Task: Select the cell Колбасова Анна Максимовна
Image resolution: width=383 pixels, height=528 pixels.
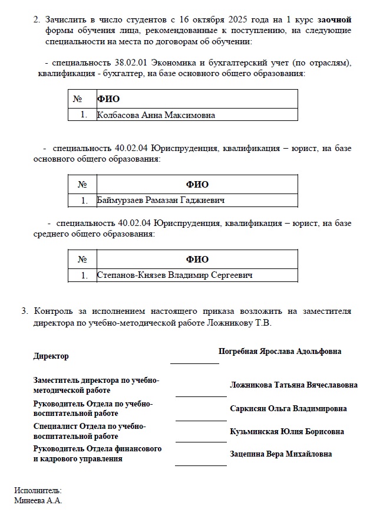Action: click(x=156, y=116)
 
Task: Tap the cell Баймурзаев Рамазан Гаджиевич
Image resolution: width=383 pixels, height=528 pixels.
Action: click(x=161, y=201)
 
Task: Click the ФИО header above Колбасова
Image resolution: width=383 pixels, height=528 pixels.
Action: click(x=108, y=99)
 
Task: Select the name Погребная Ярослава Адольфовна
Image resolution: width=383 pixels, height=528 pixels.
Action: click(x=280, y=351)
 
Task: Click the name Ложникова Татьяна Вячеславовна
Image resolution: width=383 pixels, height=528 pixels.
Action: click(x=293, y=385)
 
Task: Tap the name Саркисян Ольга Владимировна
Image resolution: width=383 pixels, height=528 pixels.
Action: click(x=288, y=408)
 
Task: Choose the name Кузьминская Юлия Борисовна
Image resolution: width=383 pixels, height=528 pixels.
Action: click(x=287, y=431)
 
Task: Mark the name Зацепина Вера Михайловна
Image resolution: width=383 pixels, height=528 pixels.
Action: click(x=280, y=454)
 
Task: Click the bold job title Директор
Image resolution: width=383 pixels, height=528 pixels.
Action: click(x=51, y=356)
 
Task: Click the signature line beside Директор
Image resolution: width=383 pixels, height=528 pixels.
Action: click(x=194, y=363)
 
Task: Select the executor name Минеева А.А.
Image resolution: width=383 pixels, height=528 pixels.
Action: click(x=38, y=500)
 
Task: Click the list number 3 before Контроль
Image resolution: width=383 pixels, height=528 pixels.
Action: click(x=24, y=310)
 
